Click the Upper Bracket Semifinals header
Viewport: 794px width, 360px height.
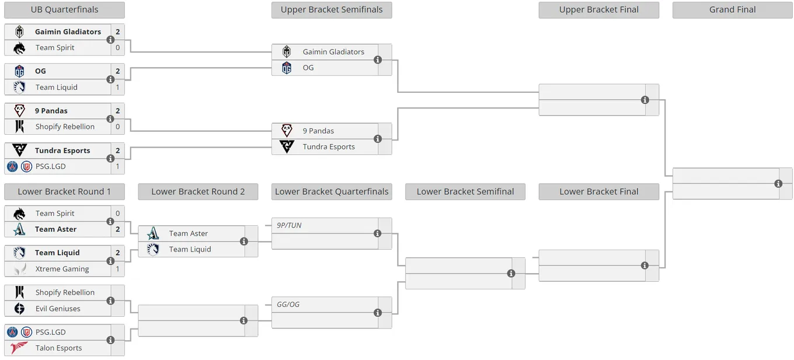coord(332,9)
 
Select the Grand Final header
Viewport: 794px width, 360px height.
coord(732,9)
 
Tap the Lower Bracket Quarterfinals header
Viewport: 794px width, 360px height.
coord(332,192)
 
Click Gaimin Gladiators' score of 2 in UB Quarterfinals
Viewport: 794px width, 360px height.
coord(118,32)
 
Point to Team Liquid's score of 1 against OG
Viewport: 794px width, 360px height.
coord(118,87)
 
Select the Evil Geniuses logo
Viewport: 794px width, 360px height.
coord(19,309)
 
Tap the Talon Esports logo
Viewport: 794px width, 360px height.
coord(19,348)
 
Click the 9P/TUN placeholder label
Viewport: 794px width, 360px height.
coord(289,225)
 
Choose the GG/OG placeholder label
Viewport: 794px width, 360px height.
coord(288,305)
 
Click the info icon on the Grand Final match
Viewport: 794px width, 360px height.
coord(778,184)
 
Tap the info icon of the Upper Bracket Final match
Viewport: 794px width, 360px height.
coord(645,100)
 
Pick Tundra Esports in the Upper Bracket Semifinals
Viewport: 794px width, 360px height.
coord(329,146)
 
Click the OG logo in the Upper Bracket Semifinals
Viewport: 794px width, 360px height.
coord(287,68)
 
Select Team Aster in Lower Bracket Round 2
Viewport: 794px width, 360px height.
coord(188,233)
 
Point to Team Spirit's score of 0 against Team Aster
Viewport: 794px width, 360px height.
coord(118,214)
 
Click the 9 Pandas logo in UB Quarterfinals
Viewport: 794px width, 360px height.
coord(19,110)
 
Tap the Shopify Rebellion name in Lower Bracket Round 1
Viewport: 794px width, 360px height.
coord(65,292)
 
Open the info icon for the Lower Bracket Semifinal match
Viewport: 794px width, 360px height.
coord(511,273)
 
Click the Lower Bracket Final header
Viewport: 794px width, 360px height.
coord(598,192)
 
